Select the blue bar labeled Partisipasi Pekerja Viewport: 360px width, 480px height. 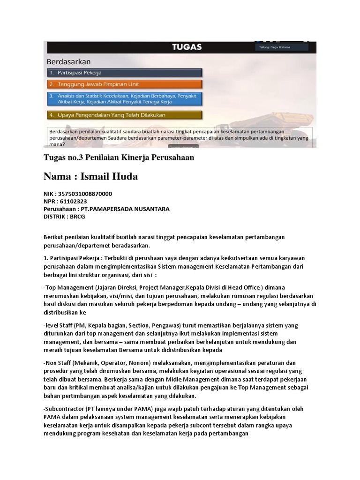(x=124, y=73)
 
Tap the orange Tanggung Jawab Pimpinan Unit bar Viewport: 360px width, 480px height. (x=124, y=84)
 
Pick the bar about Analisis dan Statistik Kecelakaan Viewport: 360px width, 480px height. (x=124, y=98)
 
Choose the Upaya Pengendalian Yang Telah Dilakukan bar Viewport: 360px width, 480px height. (x=124, y=115)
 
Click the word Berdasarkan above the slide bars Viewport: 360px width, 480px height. (x=68, y=61)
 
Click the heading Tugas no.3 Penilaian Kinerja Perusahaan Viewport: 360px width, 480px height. (x=119, y=158)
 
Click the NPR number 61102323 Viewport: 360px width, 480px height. (x=74, y=201)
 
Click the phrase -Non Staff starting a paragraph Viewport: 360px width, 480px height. (x=59, y=363)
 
